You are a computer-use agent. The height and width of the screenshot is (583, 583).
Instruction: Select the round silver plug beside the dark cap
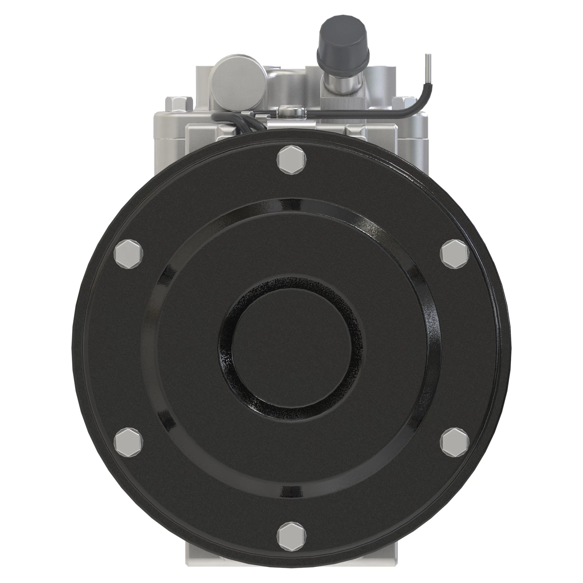point(239,78)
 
